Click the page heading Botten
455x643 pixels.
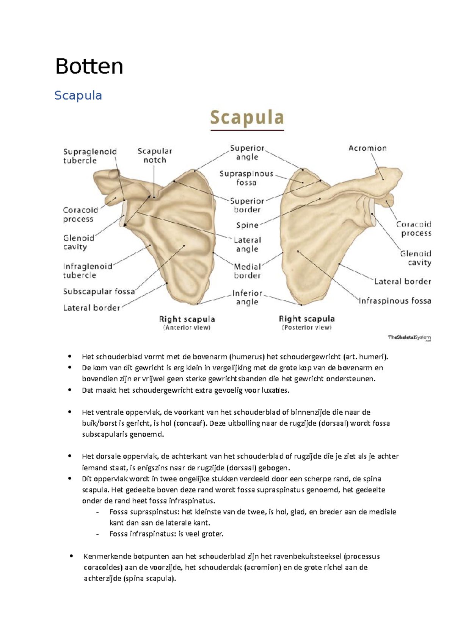click(x=89, y=67)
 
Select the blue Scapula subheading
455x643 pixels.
click(x=78, y=95)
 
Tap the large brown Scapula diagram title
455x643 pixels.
click(x=247, y=117)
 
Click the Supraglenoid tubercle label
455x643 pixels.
click(x=89, y=156)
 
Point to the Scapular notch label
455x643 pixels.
click(x=155, y=156)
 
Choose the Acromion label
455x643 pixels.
click(x=367, y=148)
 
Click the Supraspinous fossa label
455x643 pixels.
click(x=246, y=178)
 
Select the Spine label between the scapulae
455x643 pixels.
click(x=247, y=225)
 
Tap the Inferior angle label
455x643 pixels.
click(x=247, y=298)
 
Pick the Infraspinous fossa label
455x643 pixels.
click(x=395, y=301)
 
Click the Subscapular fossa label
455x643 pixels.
click(x=99, y=292)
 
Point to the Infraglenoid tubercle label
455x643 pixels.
click(x=88, y=271)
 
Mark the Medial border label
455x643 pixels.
click(x=247, y=271)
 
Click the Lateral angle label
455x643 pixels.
click(x=247, y=245)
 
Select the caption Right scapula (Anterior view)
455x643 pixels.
click(x=187, y=323)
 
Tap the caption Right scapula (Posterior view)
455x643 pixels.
click(x=307, y=323)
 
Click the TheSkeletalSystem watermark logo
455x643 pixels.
click(x=409, y=338)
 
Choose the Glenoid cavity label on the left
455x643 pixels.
click(x=78, y=242)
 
